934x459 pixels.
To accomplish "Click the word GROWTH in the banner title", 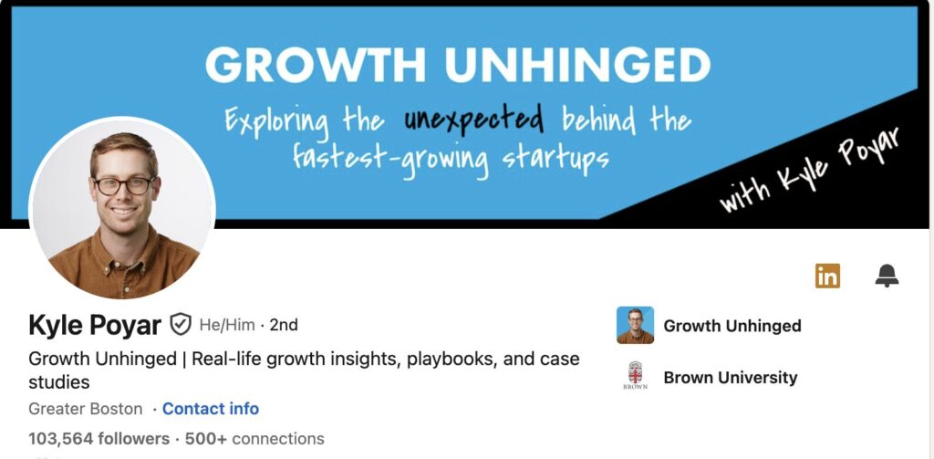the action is pos(316,65).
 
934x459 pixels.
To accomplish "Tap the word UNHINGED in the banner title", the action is pos(577,65).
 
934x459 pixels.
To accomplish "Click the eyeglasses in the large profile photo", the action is pos(124,185).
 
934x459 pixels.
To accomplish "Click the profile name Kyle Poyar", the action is pos(95,326).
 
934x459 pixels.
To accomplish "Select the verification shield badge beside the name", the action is pos(181,325).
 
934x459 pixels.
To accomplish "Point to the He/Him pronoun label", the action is pos(227,325).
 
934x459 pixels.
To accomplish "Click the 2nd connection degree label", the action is pos(284,325).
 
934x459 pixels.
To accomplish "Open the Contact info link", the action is pos(211,409).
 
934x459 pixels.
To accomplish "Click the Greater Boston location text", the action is pos(85,409).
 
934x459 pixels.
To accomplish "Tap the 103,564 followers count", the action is pos(99,439).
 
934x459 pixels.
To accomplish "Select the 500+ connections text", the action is pos(254,439).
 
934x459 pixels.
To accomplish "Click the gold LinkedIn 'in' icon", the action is pos(827,276).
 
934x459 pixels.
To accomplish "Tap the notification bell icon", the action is pos(887,276).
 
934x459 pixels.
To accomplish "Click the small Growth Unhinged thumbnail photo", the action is pos(635,325).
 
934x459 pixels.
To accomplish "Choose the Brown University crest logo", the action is pos(635,375).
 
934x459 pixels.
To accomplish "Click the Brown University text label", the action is pos(731,378).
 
